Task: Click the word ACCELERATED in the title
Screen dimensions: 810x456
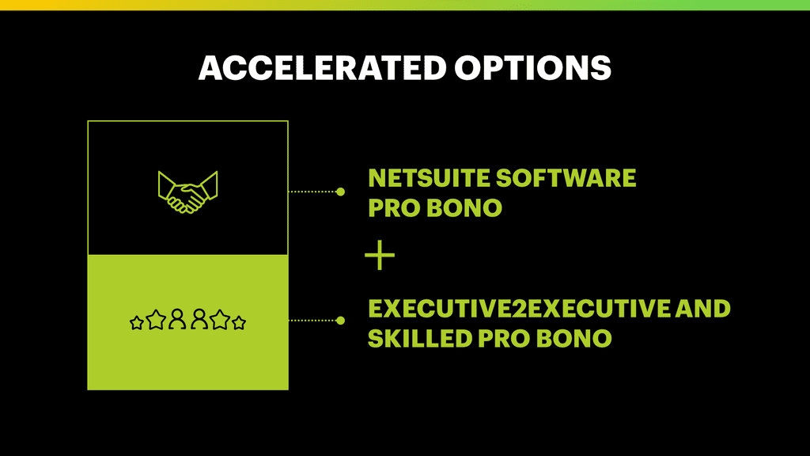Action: (x=323, y=68)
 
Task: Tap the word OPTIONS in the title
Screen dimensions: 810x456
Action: (x=532, y=68)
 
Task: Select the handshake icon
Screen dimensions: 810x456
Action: (x=187, y=192)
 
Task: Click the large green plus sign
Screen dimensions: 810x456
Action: (x=380, y=255)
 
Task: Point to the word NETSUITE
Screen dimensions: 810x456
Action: (x=429, y=178)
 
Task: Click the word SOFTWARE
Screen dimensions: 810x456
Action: (x=566, y=178)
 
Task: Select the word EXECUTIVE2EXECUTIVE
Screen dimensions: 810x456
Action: (x=519, y=309)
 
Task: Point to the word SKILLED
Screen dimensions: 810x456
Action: (x=420, y=339)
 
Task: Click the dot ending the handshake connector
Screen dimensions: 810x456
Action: (x=340, y=192)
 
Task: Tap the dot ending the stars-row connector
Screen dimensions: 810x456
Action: (x=340, y=321)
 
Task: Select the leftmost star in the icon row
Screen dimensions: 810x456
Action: (x=136, y=323)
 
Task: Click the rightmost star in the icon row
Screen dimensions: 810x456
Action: (x=239, y=323)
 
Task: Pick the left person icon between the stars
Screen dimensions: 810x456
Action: (x=177, y=320)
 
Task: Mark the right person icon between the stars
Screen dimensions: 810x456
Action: (x=199, y=320)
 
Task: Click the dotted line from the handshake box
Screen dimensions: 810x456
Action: (x=312, y=192)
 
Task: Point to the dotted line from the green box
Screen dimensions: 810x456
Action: (x=312, y=321)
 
